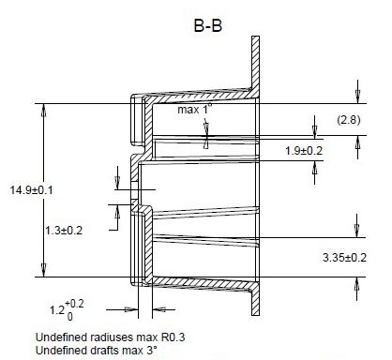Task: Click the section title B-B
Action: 208,25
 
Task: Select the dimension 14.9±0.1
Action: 31,190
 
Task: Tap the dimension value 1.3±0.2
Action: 64,231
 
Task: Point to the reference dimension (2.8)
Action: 349,120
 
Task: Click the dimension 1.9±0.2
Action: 304,151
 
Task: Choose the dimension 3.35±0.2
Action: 344,258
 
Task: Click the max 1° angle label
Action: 194,110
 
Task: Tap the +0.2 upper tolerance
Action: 74,304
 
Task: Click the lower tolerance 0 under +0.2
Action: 70,317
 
